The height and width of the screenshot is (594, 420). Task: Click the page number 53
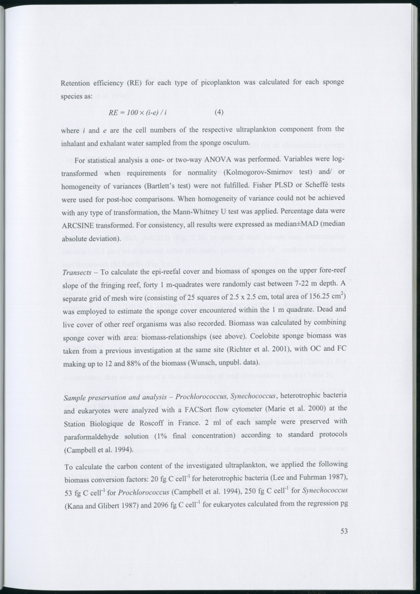click(x=345, y=532)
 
